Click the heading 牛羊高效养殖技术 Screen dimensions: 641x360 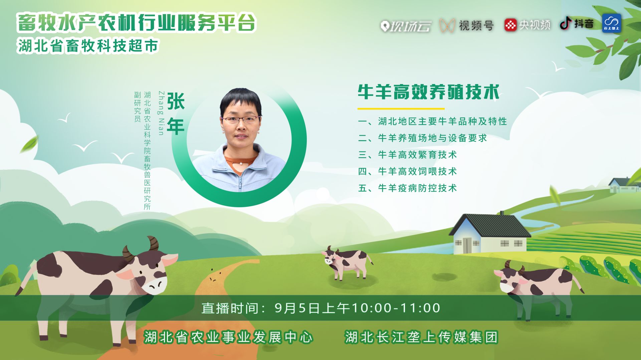pos(429,92)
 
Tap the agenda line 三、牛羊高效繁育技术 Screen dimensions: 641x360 pos(407,155)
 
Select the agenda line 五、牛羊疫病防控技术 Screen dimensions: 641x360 pos(407,188)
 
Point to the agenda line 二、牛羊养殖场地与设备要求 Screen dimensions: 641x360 pos(422,138)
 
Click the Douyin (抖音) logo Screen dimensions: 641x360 pos(577,24)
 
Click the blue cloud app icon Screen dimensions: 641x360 pos(612,23)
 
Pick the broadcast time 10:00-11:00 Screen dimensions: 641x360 pos(396,308)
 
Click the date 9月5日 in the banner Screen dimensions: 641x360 pos(297,308)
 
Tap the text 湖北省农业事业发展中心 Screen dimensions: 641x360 pos(228,337)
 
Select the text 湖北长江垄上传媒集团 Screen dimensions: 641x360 pos(421,337)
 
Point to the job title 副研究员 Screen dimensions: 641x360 pos(137,107)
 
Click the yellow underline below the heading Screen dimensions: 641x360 pos(401,108)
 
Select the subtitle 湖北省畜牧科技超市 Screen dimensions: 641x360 pos(88,46)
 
